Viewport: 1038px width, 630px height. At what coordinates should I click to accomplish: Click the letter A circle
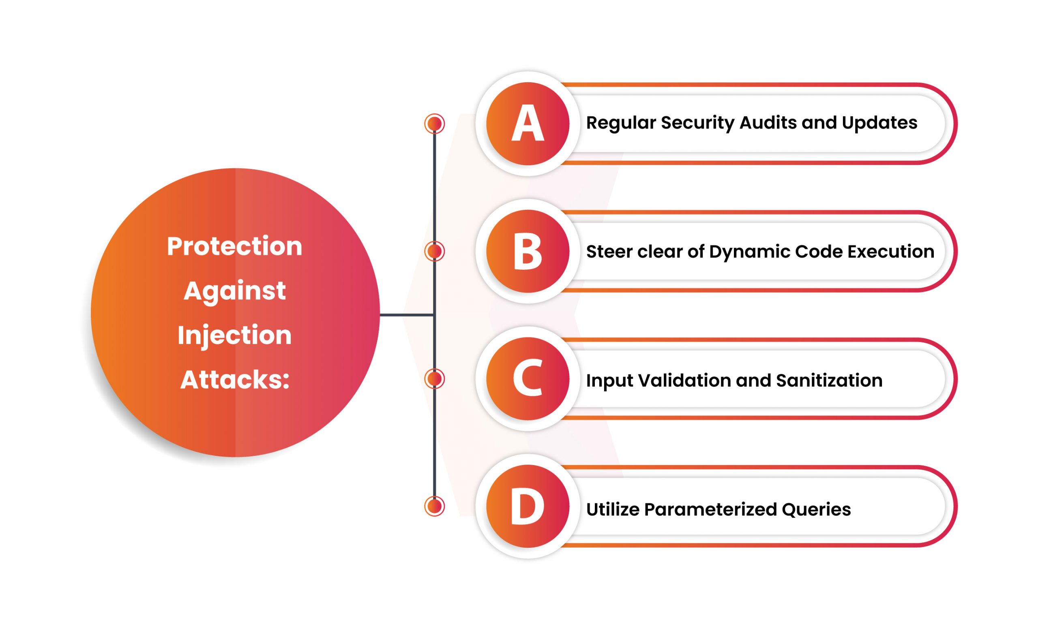528,124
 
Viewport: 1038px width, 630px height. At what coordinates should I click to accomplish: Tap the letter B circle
528,251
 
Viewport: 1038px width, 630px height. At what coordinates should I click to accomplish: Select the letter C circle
528,379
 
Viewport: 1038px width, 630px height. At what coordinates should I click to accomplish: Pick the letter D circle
528,506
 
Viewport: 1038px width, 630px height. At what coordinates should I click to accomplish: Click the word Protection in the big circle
235,247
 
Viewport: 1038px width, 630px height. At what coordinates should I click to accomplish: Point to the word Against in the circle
235,291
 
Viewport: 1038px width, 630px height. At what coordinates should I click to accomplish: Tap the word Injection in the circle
235,336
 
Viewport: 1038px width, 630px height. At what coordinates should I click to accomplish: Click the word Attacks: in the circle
235,380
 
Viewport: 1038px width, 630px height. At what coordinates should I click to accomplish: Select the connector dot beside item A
434,124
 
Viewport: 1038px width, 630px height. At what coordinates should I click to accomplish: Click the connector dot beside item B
434,251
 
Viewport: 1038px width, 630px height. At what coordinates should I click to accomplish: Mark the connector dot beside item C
434,379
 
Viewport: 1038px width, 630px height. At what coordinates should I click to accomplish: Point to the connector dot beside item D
434,506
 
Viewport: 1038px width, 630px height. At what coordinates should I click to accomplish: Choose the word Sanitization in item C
829,380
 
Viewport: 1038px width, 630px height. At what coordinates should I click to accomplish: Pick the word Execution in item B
890,252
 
